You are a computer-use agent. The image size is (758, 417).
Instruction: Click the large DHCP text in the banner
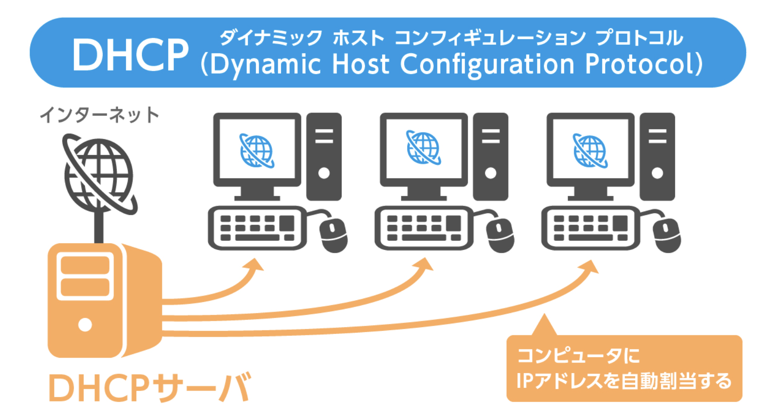coord(130,55)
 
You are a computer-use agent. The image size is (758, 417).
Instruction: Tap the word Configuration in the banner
coord(487,64)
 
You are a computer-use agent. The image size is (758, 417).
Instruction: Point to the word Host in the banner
coord(360,63)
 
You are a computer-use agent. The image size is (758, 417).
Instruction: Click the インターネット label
coord(99,115)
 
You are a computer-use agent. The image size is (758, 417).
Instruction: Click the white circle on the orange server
coord(85,324)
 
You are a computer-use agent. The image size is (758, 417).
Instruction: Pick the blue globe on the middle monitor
coord(423,148)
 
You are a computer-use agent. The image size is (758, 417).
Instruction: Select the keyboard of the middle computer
coord(423,228)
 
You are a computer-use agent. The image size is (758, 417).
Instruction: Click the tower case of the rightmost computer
coord(657,156)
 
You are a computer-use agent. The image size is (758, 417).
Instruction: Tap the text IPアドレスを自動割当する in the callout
coord(623,381)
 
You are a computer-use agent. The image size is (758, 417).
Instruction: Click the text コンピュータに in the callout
coord(578,355)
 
